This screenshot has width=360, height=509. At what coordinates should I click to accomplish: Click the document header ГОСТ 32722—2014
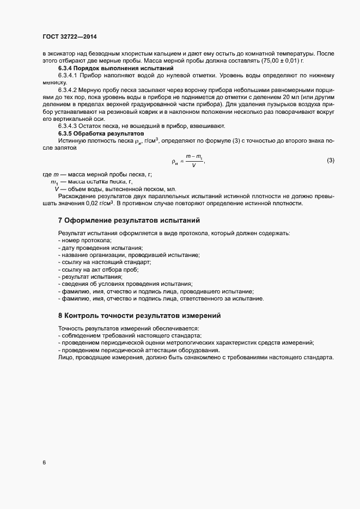click(70, 36)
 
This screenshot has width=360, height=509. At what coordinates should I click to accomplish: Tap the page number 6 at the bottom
click(44, 463)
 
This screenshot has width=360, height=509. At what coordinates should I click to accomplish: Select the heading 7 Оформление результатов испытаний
click(129, 220)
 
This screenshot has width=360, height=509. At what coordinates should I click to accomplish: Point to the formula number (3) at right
click(330, 160)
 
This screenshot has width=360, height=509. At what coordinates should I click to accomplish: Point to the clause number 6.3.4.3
click(69, 126)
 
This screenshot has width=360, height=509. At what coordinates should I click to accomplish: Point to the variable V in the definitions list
click(56, 189)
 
